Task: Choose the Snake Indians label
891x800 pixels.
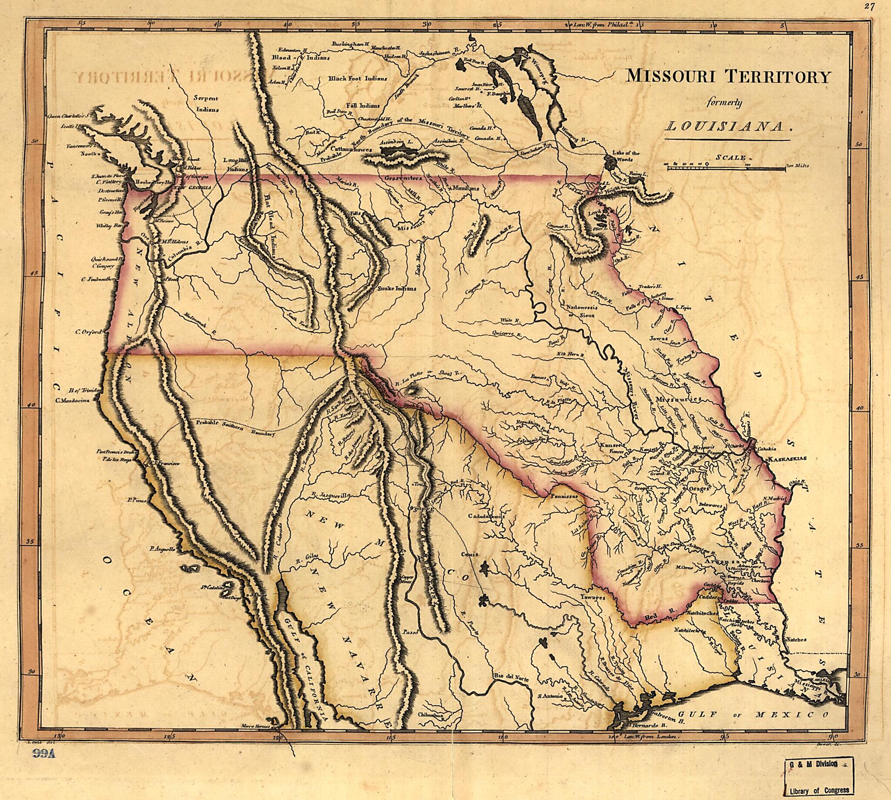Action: click(x=397, y=289)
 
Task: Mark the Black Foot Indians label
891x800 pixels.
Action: click(x=358, y=79)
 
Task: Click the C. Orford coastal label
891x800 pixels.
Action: click(x=88, y=332)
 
